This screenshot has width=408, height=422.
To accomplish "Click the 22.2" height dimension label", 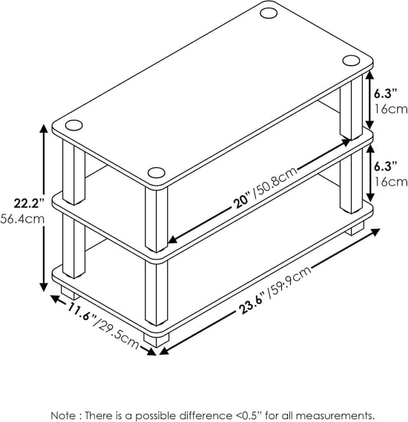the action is pyautogui.click(x=29, y=203).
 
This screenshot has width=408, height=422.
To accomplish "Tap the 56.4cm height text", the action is pyautogui.click(x=22, y=219).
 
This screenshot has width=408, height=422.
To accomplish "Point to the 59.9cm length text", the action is pyautogui.click(x=291, y=282).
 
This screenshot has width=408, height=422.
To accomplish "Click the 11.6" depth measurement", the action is pyautogui.click(x=81, y=312).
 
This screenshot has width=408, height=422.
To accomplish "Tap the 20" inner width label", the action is pyautogui.click(x=242, y=201).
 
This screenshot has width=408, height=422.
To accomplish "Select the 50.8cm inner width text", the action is pyautogui.click(x=275, y=183).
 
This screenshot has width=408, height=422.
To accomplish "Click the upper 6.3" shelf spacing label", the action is pyautogui.click(x=385, y=94).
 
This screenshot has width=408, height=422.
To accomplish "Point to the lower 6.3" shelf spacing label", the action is pyautogui.click(x=385, y=166).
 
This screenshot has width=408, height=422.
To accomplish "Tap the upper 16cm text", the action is pyautogui.click(x=391, y=109).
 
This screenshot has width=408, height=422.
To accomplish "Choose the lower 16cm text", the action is pyautogui.click(x=391, y=182).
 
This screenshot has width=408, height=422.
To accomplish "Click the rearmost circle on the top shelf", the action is pyautogui.click(x=268, y=13).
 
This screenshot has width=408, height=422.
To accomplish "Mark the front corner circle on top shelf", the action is pyautogui.click(x=156, y=172).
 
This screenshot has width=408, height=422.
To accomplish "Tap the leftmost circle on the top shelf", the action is pyautogui.click(x=74, y=125).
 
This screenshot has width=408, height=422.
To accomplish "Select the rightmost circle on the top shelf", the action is pyautogui.click(x=351, y=60).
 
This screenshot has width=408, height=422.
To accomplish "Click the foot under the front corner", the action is pyautogui.click(x=156, y=340).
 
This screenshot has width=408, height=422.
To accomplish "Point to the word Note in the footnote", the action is pyautogui.click(x=63, y=415).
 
